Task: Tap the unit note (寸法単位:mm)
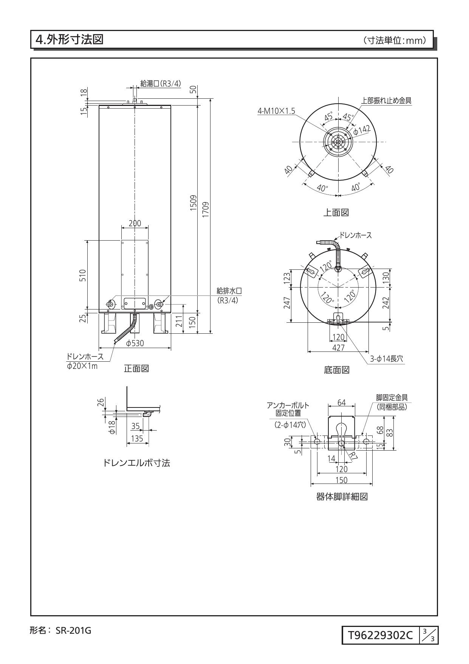(x=394, y=40)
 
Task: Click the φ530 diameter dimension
(x=135, y=343)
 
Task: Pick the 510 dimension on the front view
(x=83, y=275)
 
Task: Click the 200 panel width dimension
(x=135, y=223)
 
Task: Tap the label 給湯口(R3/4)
(x=160, y=84)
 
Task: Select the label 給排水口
(x=229, y=291)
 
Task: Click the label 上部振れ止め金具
(x=386, y=100)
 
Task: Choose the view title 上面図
(x=336, y=213)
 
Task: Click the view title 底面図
(x=336, y=370)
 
